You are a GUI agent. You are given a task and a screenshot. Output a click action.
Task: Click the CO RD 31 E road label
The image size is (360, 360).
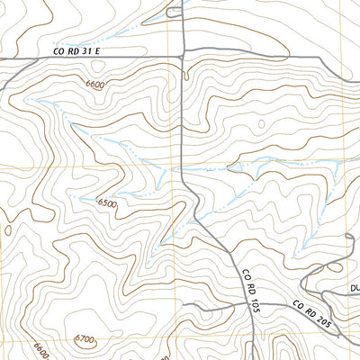pos(76,53)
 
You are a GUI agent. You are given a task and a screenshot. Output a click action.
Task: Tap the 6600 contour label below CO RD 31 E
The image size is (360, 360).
pos(95,84)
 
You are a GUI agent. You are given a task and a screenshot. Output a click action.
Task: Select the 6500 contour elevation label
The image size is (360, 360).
pos(107,203)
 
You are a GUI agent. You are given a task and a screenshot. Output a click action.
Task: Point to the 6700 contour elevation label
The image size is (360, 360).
pos(85,339)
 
